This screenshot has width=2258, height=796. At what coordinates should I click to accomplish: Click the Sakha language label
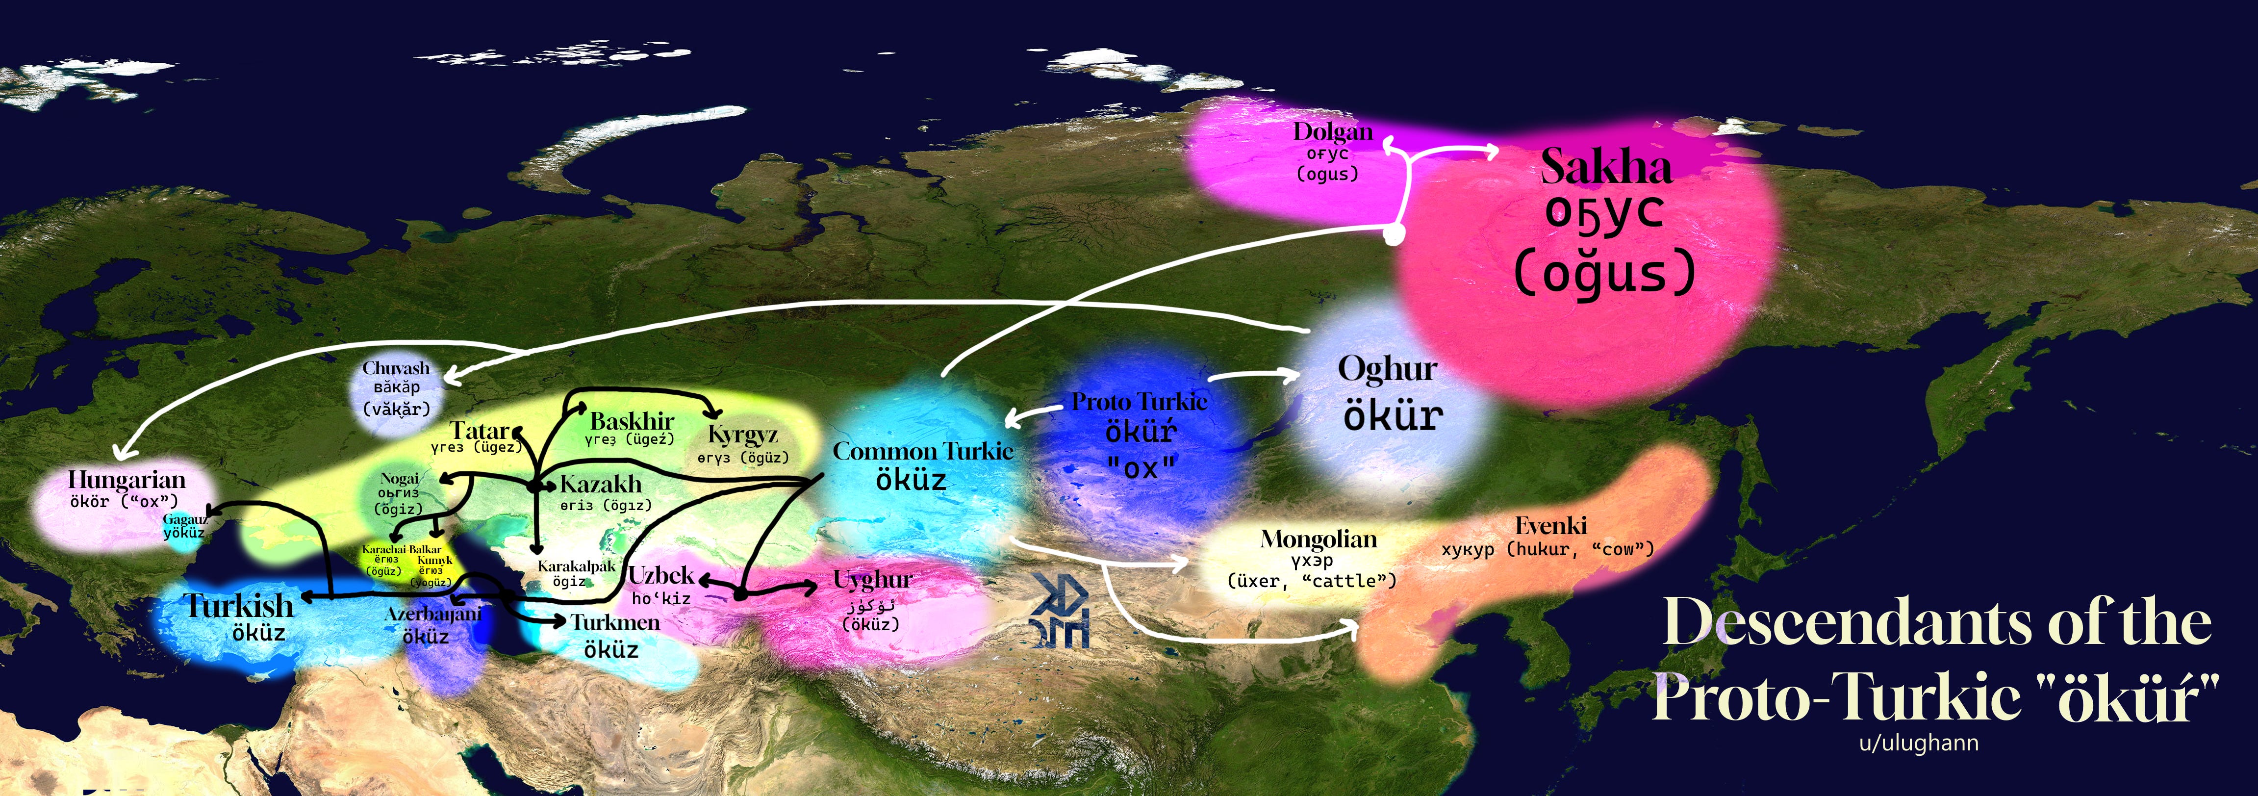click(1606, 167)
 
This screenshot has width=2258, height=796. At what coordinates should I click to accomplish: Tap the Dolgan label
click(1332, 132)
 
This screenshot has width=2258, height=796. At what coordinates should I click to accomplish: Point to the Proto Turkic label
click(1140, 402)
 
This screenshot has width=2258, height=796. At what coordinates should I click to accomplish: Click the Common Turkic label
click(922, 452)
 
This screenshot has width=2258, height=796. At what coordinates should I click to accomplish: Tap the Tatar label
click(479, 431)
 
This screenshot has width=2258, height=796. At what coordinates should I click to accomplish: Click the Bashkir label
click(632, 421)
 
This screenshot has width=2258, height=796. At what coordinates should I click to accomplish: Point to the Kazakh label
click(601, 484)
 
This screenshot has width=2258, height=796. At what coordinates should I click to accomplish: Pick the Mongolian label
click(1319, 539)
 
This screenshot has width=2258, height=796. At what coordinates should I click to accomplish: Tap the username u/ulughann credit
click(1919, 744)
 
